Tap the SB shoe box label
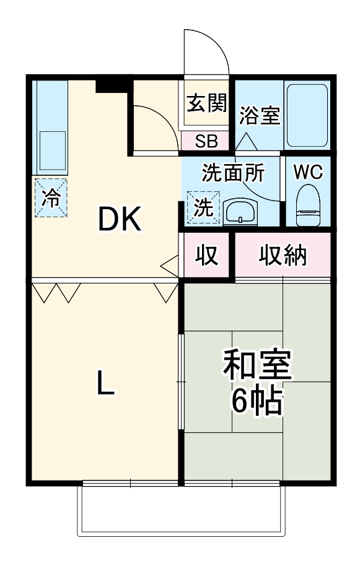206,141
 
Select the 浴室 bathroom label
260,115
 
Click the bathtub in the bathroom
307,115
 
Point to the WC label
308,172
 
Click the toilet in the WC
308,206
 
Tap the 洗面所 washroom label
234,173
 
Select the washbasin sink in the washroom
240,212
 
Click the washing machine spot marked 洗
203,207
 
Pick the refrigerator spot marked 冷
51,198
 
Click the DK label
119,219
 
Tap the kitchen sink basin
53,150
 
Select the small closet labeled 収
206,254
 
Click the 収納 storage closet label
283,255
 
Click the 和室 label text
257,365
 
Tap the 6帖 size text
257,401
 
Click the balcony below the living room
181,511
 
